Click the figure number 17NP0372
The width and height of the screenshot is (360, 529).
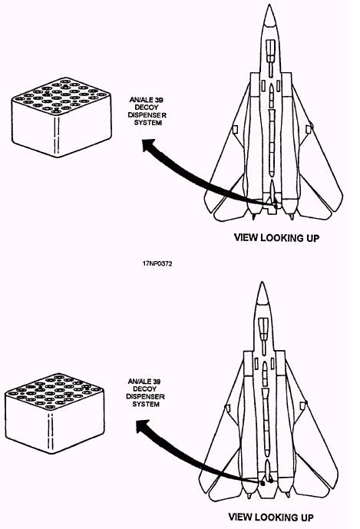point(157,264)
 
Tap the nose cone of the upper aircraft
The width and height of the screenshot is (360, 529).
point(269,16)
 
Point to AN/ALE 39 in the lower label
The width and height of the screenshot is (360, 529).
point(144,382)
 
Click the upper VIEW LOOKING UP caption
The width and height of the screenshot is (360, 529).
point(276,238)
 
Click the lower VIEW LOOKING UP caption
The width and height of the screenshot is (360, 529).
point(271,517)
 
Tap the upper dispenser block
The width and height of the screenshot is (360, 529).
point(61,117)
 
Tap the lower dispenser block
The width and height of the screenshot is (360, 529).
point(54,413)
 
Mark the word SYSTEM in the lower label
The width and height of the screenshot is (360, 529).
point(146,404)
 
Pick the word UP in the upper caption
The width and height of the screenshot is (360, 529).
point(312,238)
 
